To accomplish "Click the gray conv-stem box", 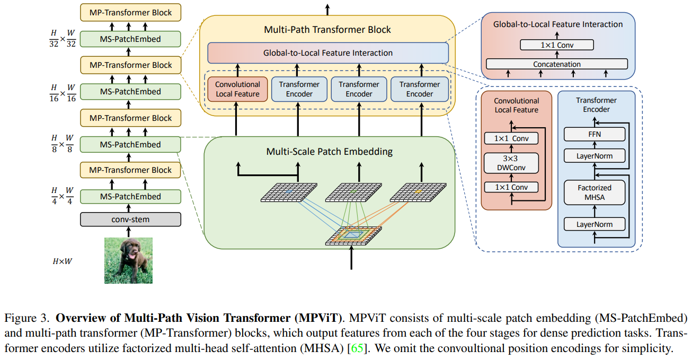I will [130, 219].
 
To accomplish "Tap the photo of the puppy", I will [128, 260].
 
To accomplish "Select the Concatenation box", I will [556, 64].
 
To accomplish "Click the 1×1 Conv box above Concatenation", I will [556, 45].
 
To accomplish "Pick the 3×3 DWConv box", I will [511, 163].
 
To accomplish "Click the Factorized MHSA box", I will [594, 192].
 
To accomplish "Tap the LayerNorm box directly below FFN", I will [594, 156].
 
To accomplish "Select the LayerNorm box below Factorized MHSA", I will [594, 224].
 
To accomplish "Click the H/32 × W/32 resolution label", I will [61, 39].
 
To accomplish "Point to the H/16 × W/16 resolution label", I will [61, 92].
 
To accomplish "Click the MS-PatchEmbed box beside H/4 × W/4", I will [130, 196].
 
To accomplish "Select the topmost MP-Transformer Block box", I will [130, 12].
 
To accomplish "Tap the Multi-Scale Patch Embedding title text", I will [329, 152].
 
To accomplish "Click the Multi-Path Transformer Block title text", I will [327, 29].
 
